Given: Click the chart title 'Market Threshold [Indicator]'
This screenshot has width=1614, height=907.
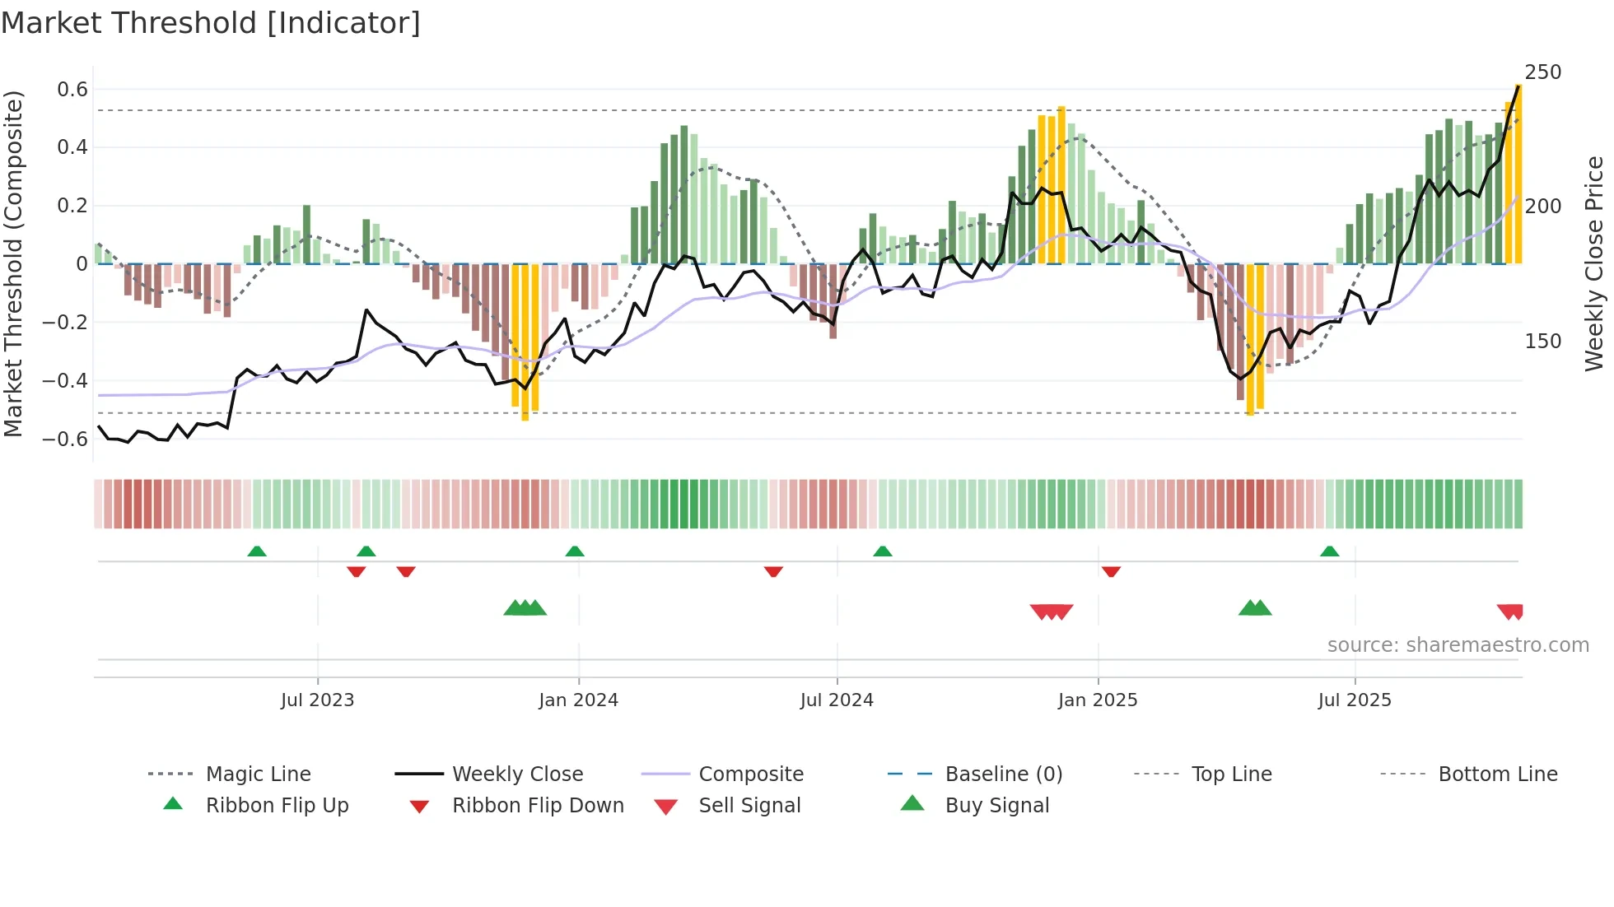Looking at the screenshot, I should click(x=211, y=23).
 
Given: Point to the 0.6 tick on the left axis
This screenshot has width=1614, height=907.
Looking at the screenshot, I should click(x=72, y=90).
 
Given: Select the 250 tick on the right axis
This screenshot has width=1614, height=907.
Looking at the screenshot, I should click(x=1542, y=72).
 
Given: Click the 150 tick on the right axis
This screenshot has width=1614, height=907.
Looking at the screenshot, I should click(x=1542, y=342).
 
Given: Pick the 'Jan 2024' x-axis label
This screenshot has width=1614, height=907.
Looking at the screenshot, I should click(x=578, y=700).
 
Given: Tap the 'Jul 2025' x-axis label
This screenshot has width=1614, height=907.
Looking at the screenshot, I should click(x=1354, y=700).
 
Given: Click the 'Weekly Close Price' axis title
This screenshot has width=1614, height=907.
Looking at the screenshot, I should click(x=1594, y=263).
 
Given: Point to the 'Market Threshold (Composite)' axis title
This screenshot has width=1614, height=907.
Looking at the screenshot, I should click(x=13, y=263).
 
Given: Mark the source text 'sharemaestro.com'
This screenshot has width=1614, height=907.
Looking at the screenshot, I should click(x=1458, y=645).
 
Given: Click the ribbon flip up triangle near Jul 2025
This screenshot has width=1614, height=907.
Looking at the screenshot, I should click(x=1329, y=551).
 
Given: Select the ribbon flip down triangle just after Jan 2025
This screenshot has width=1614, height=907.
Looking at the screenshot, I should click(x=1111, y=571).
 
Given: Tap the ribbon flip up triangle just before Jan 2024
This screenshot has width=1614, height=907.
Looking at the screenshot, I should click(x=575, y=551).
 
